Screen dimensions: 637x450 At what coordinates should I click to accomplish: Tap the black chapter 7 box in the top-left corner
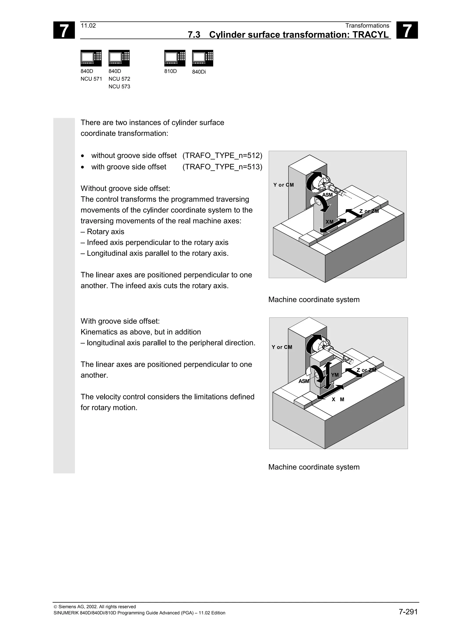tap(64, 30)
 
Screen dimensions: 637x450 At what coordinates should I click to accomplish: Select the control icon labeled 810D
tap(175, 58)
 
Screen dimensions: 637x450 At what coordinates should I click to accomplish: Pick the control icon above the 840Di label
tap(202, 58)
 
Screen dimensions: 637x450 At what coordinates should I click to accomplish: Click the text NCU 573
tap(119, 87)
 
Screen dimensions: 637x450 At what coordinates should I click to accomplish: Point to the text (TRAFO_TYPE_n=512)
tap(222, 155)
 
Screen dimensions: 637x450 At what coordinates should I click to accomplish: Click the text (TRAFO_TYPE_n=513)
tap(222, 167)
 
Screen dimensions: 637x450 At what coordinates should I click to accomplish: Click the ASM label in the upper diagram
tap(327, 195)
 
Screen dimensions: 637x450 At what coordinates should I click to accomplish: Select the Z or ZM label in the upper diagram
tap(369, 211)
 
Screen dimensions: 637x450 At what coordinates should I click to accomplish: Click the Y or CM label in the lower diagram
tap(282, 347)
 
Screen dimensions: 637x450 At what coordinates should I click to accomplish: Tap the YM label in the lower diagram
tap(335, 375)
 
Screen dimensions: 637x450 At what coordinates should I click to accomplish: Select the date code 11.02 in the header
tap(88, 26)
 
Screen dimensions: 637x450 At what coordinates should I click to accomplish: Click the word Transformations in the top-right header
tap(367, 26)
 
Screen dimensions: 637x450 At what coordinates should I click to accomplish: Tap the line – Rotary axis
tap(102, 232)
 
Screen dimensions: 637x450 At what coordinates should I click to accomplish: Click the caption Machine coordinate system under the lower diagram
tap(314, 467)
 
